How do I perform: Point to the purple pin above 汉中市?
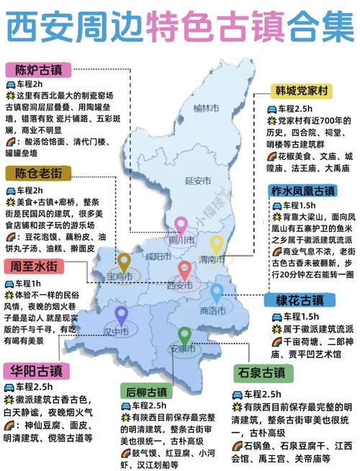click(x=121, y=315)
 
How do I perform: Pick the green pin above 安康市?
click(x=185, y=335)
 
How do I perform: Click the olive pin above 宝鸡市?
click(x=124, y=261)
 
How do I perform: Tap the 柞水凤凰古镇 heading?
click(x=305, y=192)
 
